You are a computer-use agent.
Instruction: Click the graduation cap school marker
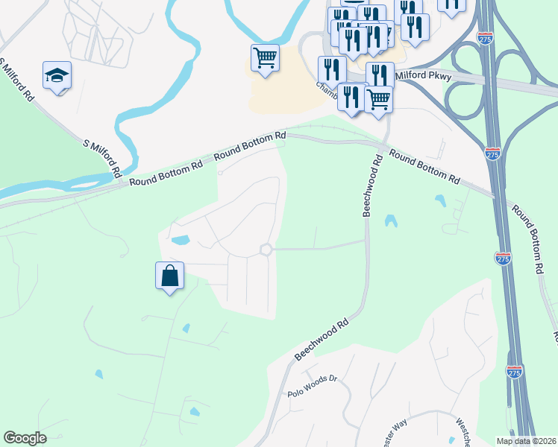pyautogui.click(x=57, y=75)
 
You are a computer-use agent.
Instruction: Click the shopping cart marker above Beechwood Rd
pyautogui.click(x=379, y=98)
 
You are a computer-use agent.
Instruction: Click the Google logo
pyautogui.click(x=25, y=438)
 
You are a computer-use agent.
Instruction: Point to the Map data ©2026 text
pyautogui.click(x=526, y=441)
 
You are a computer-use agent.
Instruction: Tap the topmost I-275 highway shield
pyautogui.click(x=486, y=38)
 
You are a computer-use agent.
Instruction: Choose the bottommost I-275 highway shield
pyautogui.click(x=514, y=372)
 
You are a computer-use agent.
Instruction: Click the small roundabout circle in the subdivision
pyautogui.click(x=265, y=250)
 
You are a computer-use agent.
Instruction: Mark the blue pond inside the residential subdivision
pyautogui.click(x=180, y=240)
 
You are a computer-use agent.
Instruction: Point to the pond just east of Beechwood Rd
pyautogui.click(x=390, y=221)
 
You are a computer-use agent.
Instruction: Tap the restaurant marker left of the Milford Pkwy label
pyautogui.click(x=380, y=75)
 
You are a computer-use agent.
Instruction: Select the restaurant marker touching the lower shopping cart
pyautogui.click(x=350, y=97)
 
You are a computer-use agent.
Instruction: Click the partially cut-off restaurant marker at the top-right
pyautogui.click(x=451, y=4)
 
